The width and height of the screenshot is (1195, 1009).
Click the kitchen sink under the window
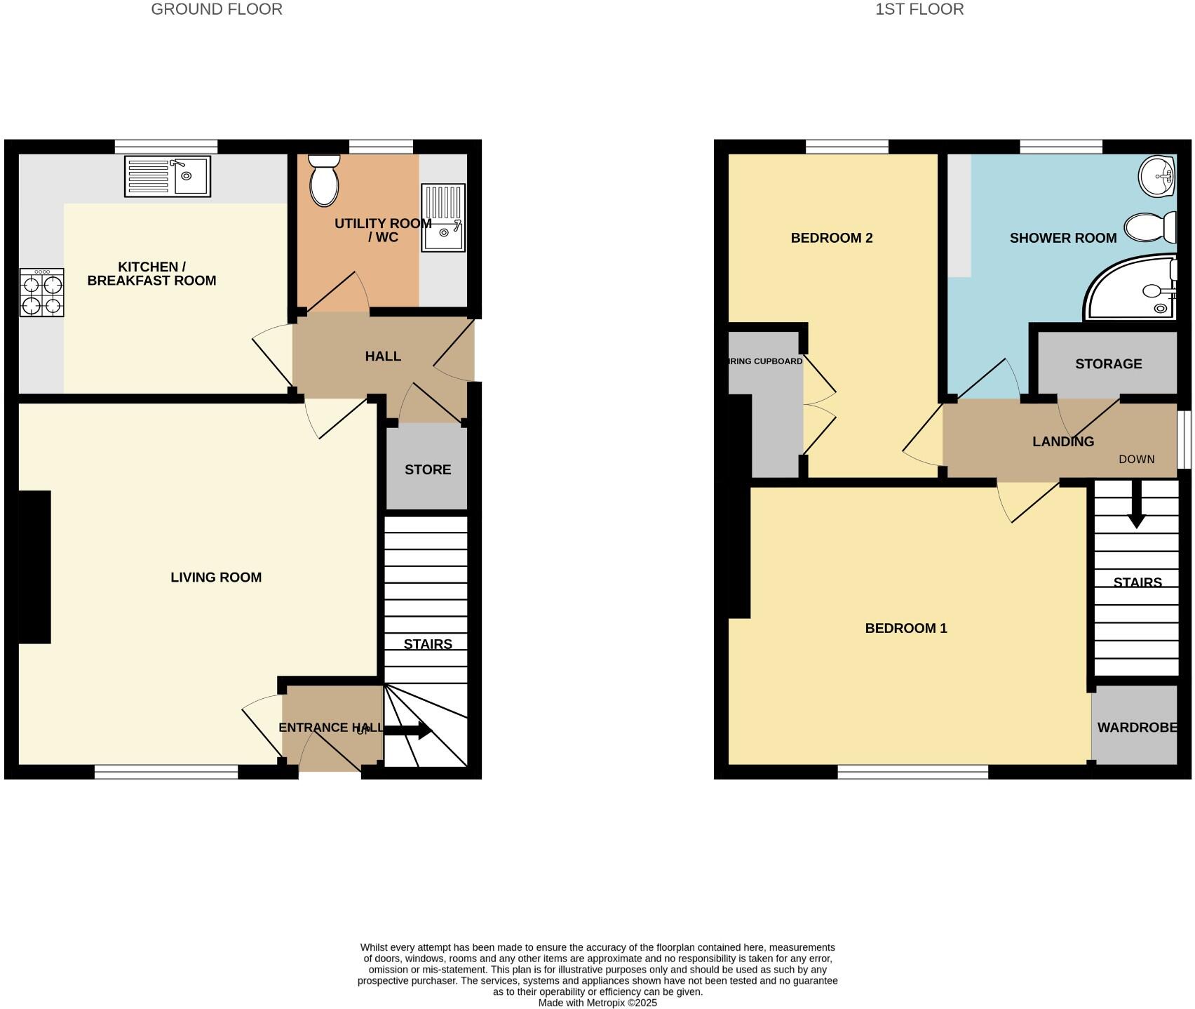(168, 176)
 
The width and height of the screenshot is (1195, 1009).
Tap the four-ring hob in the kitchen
(42, 293)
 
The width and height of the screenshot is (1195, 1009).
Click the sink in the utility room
(443, 218)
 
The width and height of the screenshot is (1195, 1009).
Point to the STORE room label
(428, 469)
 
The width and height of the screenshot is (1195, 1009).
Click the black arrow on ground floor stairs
(408, 730)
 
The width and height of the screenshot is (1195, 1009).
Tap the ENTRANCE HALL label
(330, 728)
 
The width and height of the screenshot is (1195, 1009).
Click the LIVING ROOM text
(216, 577)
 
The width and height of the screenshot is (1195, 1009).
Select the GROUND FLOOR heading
(217, 9)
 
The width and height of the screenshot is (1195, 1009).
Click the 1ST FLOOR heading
(919, 9)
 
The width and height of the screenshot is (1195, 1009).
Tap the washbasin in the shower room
(1156, 175)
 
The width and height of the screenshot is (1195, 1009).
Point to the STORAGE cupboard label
(1108, 363)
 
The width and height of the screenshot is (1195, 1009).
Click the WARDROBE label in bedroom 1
(1137, 728)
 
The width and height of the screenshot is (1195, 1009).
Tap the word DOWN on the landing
(1136, 459)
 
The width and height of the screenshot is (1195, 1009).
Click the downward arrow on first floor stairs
(1136, 509)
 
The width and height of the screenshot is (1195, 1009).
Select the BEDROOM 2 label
(831, 238)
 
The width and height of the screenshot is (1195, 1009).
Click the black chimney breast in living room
(34, 567)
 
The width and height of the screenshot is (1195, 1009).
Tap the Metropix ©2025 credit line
(597, 1003)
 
